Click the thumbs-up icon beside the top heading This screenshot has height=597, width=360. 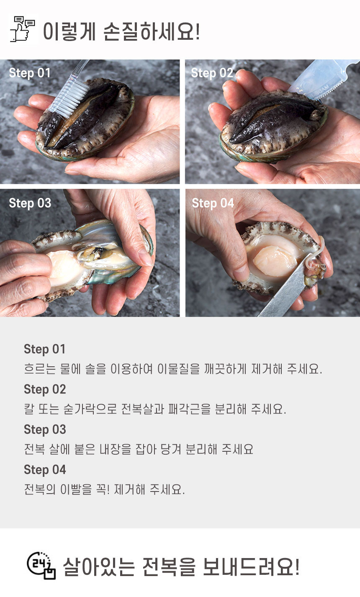pyautogui.click(x=22, y=29)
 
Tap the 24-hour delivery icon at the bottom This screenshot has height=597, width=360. pyautogui.click(x=41, y=565)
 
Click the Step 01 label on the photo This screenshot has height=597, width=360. pyautogui.click(x=30, y=73)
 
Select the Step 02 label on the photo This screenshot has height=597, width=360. pyautogui.click(x=212, y=73)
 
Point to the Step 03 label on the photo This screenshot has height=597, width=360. pyautogui.click(x=30, y=203)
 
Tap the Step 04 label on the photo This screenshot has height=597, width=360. pyautogui.click(x=213, y=203)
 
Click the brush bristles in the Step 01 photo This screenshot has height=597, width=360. pyautogui.click(x=69, y=97)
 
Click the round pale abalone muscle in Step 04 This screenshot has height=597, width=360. pyautogui.click(x=275, y=261)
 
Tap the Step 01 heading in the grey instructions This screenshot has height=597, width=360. pyautogui.click(x=44, y=350)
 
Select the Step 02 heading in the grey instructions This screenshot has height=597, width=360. pyautogui.click(x=45, y=389)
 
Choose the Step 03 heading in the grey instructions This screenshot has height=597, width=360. pyautogui.click(x=45, y=430)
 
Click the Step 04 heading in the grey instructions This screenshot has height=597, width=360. pyautogui.click(x=45, y=470)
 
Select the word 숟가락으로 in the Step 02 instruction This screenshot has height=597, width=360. pyautogui.click(x=90, y=409)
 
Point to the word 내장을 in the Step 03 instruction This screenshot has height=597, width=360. pyautogui.click(x=116, y=449)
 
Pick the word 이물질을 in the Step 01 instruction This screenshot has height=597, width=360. pyautogui.click(x=178, y=369)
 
